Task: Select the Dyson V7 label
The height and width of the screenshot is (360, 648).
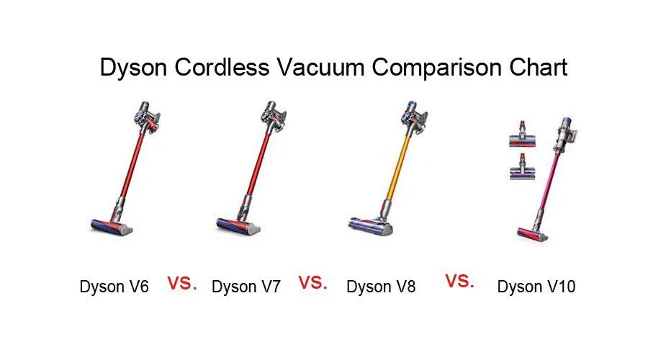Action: point(246,287)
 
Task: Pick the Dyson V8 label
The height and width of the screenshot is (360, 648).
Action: point(381,287)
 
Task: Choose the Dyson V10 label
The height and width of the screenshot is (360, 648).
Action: point(536,287)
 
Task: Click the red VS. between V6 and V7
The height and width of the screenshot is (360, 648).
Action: point(181,283)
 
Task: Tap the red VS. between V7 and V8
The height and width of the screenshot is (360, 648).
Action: point(313,283)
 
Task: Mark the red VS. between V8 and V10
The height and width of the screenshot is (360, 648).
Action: point(459,282)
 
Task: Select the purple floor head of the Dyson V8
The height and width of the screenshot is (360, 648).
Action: point(370,226)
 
